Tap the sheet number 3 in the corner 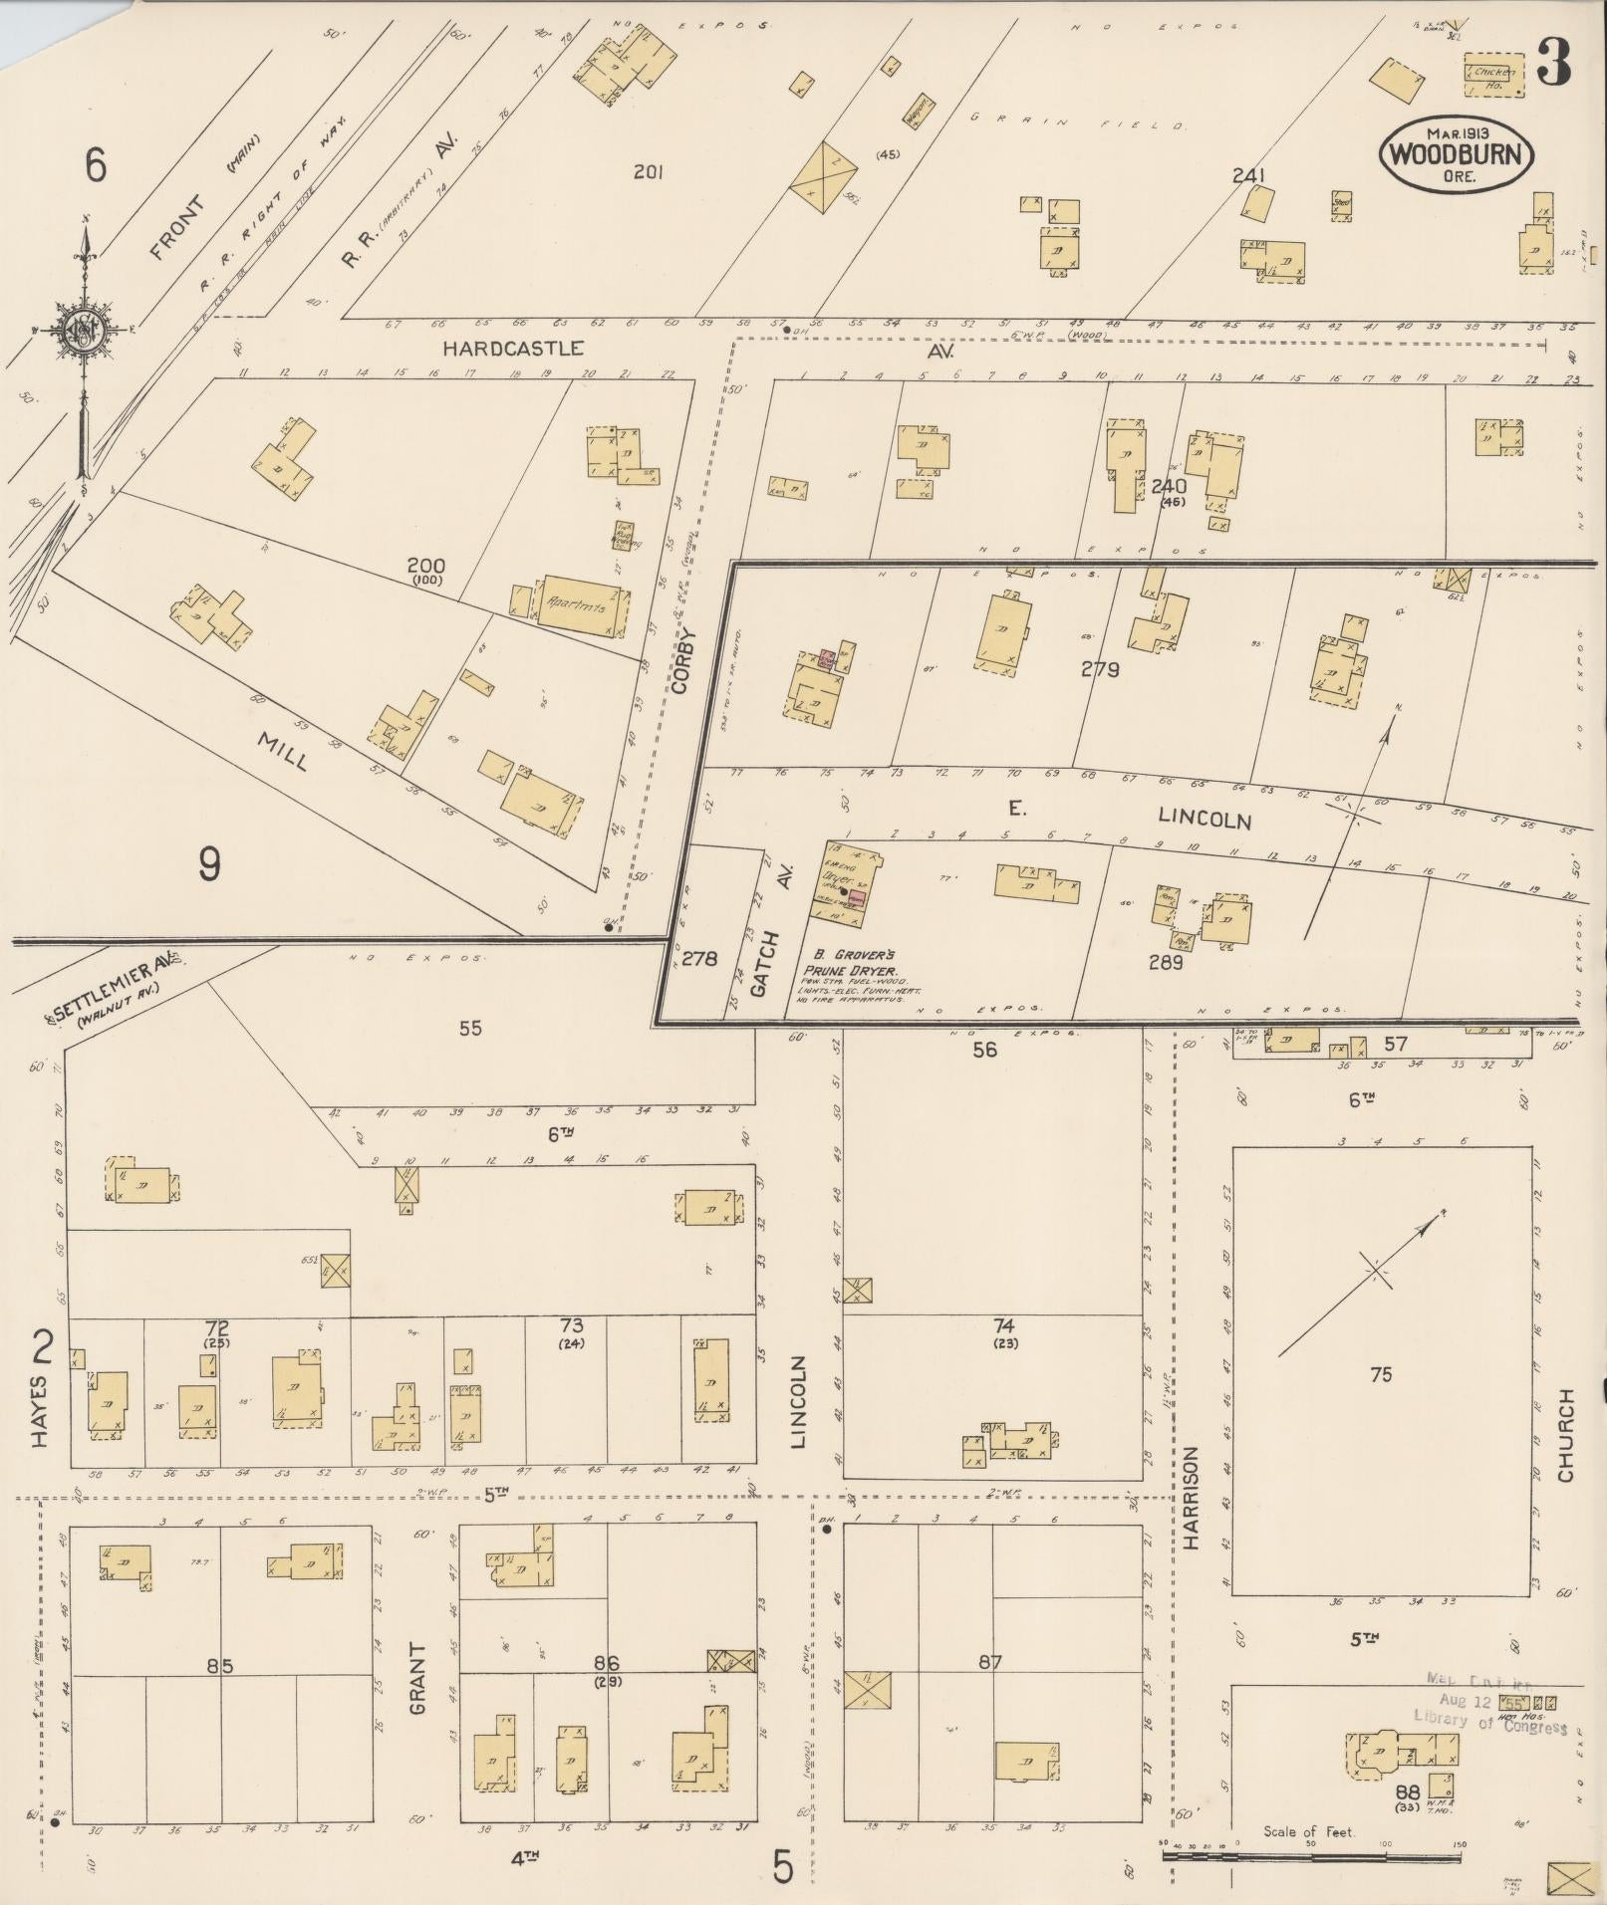tap(1553, 61)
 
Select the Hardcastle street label tap(513, 349)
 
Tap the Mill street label tap(282, 753)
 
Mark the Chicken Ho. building tap(1494, 76)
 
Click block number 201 tap(649, 172)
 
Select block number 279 tap(1100, 670)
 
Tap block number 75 tap(1380, 1375)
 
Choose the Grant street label tap(418, 1679)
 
